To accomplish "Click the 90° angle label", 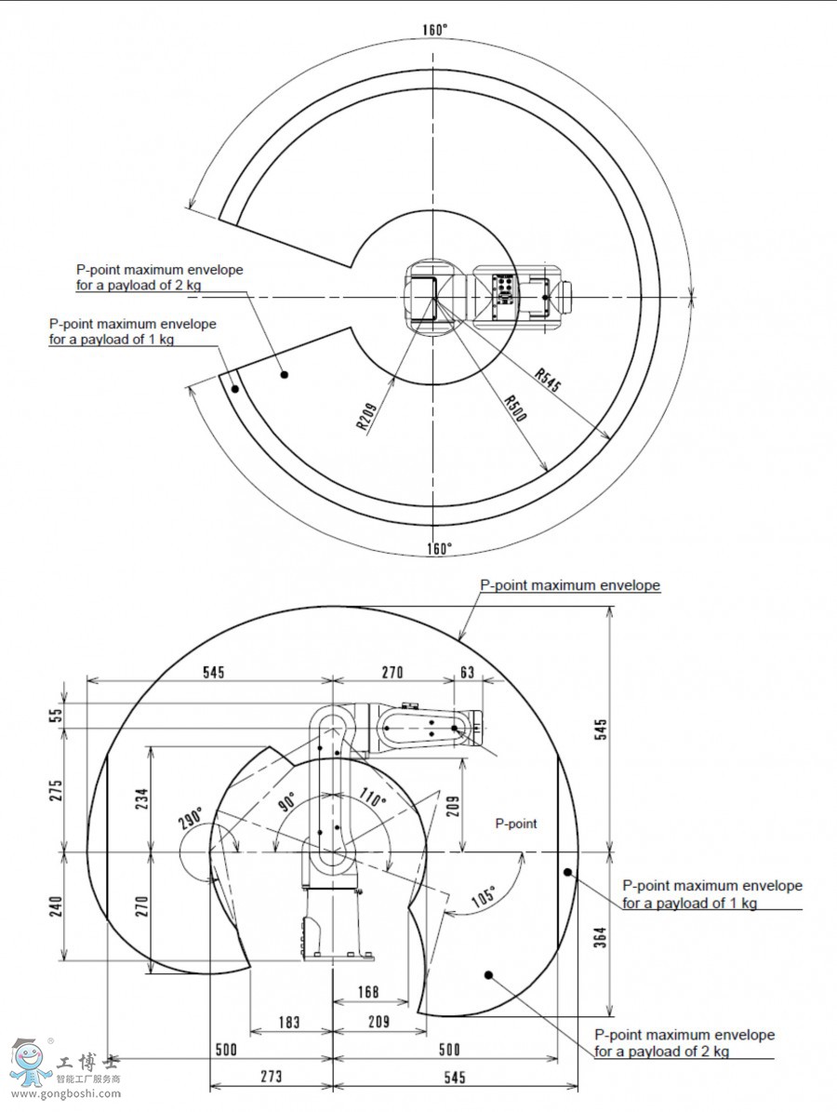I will point(285,801).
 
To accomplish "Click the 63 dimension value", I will point(467,672).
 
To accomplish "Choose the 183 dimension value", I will point(290,1023).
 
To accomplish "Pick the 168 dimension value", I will point(369,991).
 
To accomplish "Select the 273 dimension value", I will point(271,1077).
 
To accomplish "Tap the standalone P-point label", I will point(516,824).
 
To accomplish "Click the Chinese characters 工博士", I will point(88,1064).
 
